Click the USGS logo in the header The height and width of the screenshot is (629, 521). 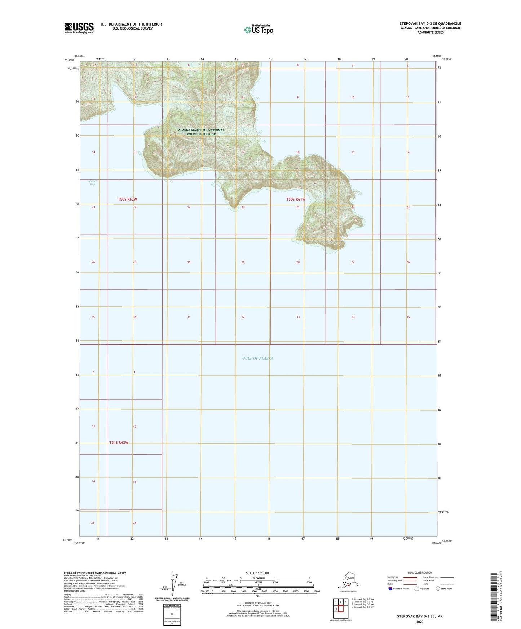click(x=79, y=28)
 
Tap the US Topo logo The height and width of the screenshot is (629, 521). click(x=258, y=30)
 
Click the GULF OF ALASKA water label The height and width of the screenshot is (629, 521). click(x=258, y=358)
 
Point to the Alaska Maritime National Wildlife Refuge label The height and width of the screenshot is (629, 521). click(x=201, y=132)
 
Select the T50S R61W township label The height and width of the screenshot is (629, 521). click(x=296, y=199)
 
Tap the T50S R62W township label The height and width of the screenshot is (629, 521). click(x=127, y=199)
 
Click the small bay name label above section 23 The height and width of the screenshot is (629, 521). click(x=93, y=183)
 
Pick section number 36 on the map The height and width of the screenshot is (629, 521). click(x=135, y=317)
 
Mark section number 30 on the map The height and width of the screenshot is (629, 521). click(x=189, y=262)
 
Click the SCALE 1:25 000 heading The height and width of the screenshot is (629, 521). click(x=257, y=573)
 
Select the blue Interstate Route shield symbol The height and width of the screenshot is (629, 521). click(x=390, y=589)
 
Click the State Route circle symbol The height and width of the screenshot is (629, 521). click(x=438, y=589)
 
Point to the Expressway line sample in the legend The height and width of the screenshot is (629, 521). click(x=410, y=577)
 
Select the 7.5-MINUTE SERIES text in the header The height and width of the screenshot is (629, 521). click(x=430, y=32)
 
